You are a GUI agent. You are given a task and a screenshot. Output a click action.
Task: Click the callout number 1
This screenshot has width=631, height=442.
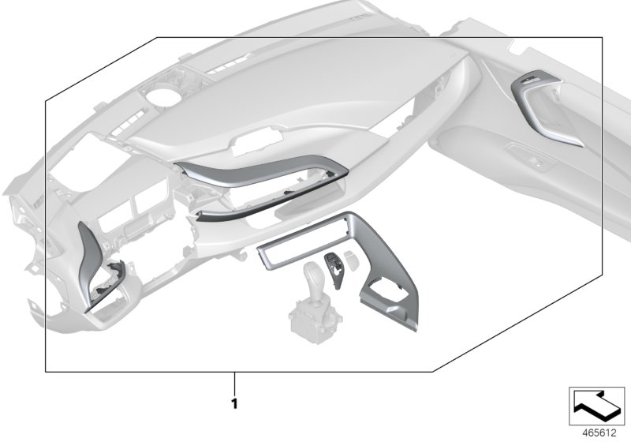pyautogui.click(x=234, y=403)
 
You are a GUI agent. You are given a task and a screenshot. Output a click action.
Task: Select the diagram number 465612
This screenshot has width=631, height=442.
pyautogui.click(x=599, y=433)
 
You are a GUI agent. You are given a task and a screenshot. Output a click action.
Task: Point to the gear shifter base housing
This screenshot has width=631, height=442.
pyautogui.click(x=315, y=321)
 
